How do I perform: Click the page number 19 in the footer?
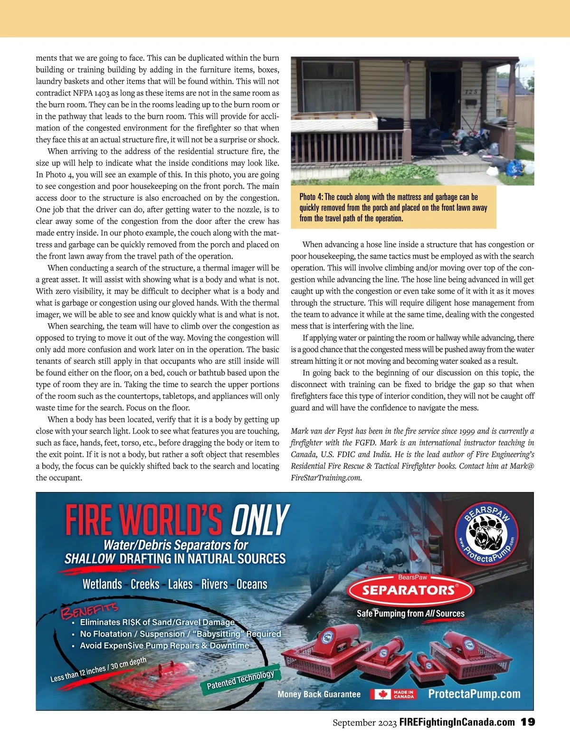coord(528,722)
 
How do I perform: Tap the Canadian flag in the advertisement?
coord(380,694)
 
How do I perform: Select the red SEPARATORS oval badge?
coord(410,590)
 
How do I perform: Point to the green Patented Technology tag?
coord(241,680)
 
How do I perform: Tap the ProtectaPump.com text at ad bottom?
coord(474,694)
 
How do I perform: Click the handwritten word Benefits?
coord(89,610)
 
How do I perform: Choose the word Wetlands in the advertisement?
coord(102,584)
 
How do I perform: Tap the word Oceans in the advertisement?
coord(252,584)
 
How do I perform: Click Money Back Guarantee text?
coord(319,694)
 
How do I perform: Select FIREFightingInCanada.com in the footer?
coord(457,722)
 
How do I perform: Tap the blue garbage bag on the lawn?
coord(514,167)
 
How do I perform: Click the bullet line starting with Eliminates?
coord(157,622)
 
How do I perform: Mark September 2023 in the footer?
coord(364,723)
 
